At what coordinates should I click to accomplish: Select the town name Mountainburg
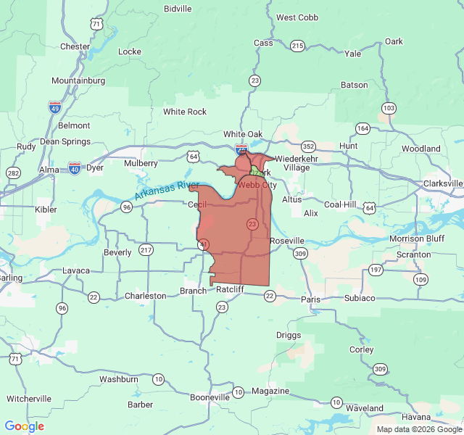(78, 80)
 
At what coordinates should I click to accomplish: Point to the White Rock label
(185, 112)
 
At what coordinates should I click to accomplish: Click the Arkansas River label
(167, 191)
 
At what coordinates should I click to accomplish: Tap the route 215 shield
(297, 46)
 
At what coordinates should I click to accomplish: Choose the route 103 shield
(389, 108)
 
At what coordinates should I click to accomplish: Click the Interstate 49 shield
(55, 107)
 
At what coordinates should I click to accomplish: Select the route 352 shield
(309, 145)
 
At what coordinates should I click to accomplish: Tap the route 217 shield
(146, 249)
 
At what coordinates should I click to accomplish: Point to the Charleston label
(145, 296)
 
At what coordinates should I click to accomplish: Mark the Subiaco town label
(360, 298)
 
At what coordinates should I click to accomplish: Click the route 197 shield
(376, 270)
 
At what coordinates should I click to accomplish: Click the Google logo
(25, 426)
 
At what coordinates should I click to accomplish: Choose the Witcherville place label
(29, 399)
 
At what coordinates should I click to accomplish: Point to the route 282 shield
(13, 173)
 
